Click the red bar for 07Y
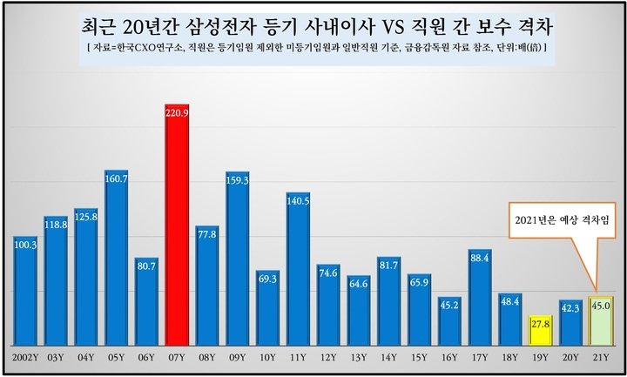click(178, 226)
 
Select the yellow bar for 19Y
click(540, 330)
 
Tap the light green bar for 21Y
click(601, 320)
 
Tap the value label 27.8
click(540, 324)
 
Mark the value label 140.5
click(299, 199)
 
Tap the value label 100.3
click(26, 244)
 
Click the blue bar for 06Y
click(147, 301)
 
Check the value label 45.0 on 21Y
click(601, 305)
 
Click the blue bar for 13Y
click(359, 310)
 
